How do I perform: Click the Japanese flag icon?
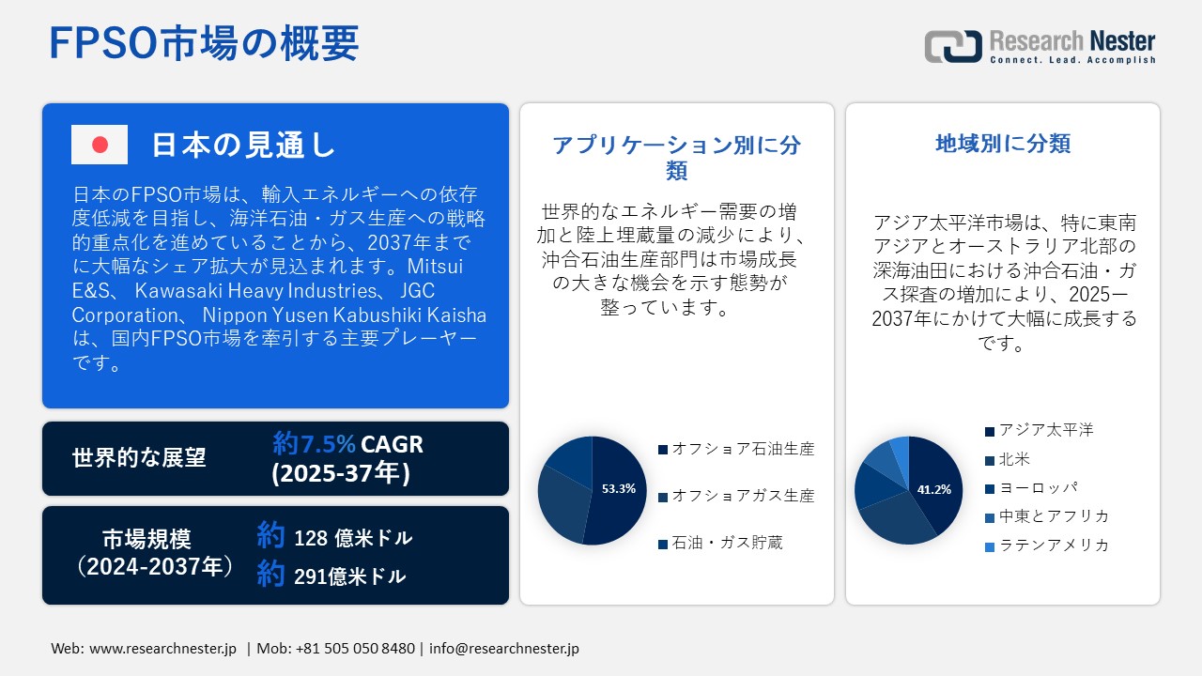[x=100, y=145]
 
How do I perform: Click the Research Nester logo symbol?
[x=953, y=46]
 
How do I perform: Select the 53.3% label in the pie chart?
[x=619, y=488]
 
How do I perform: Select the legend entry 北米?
[x=1014, y=459]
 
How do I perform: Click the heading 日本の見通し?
[x=243, y=145]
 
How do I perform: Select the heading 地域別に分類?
[x=1003, y=144]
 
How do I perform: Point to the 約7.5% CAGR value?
[x=347, y=444]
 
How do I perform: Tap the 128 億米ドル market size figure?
[x=352, y=538]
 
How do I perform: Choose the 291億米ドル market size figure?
[x=349, y=576]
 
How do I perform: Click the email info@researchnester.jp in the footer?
[x=505, y=649]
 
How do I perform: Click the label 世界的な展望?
[x=139, y=458]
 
